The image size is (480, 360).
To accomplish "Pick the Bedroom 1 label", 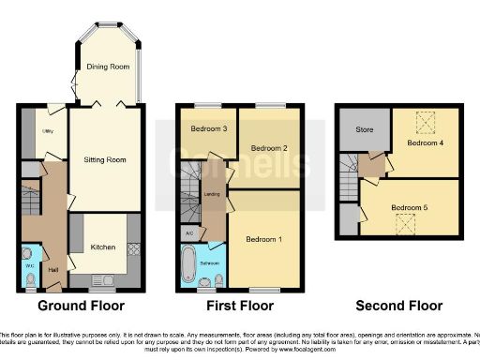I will pyautogui.click(x=264, y=239).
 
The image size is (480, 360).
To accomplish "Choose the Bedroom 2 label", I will pyautogui.click(x=269, y=147).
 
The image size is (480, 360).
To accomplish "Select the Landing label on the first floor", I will pyautogui.click(x=211, y=195).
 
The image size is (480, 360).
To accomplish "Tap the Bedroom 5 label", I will pyautogui.click(x=408, y=206).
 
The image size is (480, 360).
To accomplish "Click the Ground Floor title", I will pyautogui.click(x=80, y=306).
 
